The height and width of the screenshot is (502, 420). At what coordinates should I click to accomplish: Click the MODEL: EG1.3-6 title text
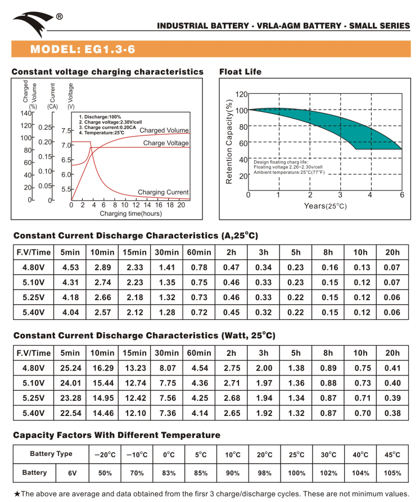click(82, 49)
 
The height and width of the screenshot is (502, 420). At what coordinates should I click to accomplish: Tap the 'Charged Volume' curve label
click(164, 130)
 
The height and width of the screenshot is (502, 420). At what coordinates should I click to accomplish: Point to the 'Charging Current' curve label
click(163, 192)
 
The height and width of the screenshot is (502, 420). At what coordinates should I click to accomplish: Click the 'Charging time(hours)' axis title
click(130, 214)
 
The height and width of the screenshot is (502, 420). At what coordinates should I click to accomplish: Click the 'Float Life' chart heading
click(240, 72)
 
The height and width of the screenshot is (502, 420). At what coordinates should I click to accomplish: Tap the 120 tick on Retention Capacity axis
click(241, 94)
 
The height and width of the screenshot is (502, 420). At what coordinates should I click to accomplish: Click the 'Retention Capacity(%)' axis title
click(229, 142)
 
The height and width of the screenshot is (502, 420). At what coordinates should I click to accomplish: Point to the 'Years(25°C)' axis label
click(325, 206)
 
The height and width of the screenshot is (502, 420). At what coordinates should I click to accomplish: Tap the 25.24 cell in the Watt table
click(70, 368)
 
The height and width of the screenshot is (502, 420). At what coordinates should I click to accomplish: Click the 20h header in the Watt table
click(392, 353)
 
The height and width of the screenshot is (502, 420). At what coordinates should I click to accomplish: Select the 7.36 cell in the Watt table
click(167, 414)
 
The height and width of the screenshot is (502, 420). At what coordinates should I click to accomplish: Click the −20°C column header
click(105, 454)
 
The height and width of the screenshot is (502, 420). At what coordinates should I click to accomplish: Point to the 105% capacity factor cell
click(392, 473)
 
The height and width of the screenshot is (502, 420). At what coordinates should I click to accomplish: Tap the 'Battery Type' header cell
click(51, 454)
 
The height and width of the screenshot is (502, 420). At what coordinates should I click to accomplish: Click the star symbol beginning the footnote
click(17, 494)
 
